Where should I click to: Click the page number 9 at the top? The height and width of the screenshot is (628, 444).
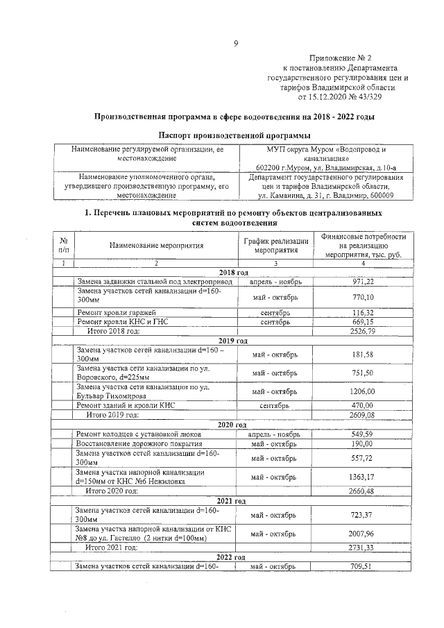point(235,44)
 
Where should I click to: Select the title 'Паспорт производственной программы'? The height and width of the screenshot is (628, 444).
point(234,135)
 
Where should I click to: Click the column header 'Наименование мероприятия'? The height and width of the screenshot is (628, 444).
point(155,246)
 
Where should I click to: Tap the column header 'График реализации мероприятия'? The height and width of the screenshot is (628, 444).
point(275,246)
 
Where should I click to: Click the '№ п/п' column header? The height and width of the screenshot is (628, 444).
point(63,246)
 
